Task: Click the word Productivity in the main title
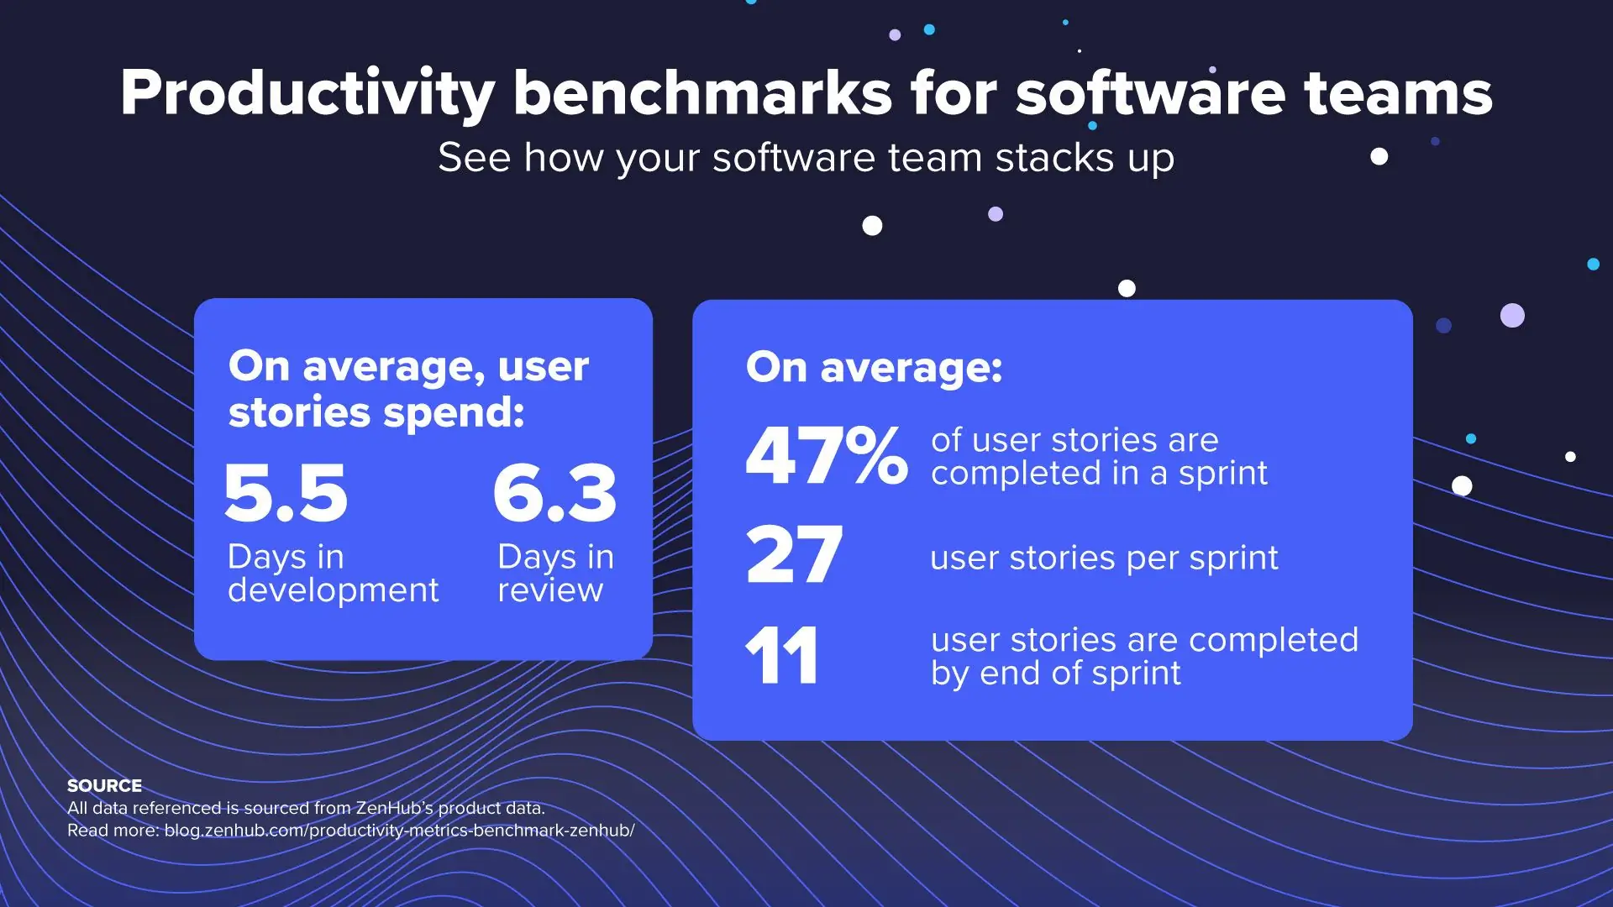[x=307, y=94]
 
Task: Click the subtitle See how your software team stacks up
[x=806, y=158]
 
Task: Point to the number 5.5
[x=286, y=492]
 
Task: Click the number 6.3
[x=555, y=492]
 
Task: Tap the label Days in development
[x=333, y=574]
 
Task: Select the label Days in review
[x=555, y=574]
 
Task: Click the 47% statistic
[x=827, y=456]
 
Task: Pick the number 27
[x=794, y=555]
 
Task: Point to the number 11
[x=781, y=656]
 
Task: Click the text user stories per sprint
[x=1104, y=558]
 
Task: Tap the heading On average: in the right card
[x=874, y=368]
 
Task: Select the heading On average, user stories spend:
[x=408, y=389]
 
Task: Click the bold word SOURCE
[x=104, y=786]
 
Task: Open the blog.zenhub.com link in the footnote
[x=399, y=831]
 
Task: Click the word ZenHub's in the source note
[x=394, y=808]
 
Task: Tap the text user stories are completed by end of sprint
[x=1144, y=657]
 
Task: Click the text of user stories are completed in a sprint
[x=1099, y=457]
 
